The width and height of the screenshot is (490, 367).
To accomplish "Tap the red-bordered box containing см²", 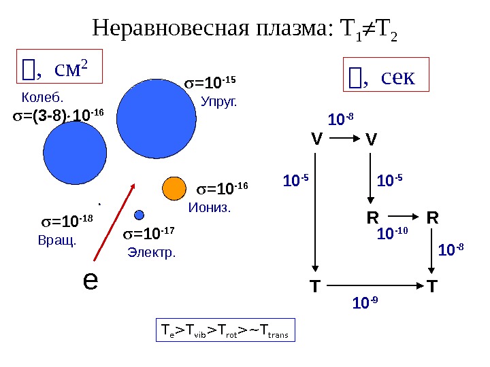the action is [58, 68].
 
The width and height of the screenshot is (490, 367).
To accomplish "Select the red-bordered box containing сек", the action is [385, 77].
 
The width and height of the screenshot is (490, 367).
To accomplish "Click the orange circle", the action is [175, 186].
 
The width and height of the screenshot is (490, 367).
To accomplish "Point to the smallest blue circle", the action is [139, 215].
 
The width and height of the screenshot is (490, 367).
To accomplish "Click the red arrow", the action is [115, 222].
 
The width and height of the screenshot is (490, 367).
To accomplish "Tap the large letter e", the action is [88, 279].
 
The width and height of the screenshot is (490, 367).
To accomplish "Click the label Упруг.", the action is [219, 103].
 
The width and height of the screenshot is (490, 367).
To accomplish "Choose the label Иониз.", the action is [210, 207].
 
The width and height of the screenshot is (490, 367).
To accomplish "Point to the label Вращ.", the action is [57, 240].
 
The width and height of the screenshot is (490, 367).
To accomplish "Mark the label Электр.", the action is [151, 253].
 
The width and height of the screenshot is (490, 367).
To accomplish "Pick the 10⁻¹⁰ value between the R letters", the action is [392, 234].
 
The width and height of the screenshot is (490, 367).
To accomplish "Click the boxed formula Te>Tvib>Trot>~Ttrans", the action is [225, 331].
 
